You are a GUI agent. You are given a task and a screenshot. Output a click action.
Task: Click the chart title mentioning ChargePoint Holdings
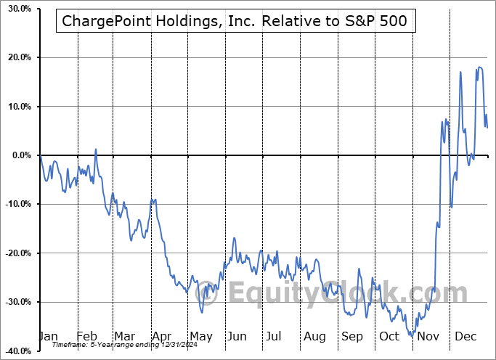pyautogui.click(x=236, y=22)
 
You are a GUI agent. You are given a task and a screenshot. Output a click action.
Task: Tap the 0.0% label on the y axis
pyautogui.click(x=18, y=155)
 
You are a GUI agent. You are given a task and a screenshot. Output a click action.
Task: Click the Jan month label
pyautogui.click(x=48, y=337)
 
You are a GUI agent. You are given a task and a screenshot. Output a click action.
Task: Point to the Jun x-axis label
pyautogui.click(x=237, y=337)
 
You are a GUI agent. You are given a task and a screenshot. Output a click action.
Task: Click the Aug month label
pyautogui.click(x=314, y=337)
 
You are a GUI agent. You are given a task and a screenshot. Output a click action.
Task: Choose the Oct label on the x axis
pyautogui.click(x=389, y=337)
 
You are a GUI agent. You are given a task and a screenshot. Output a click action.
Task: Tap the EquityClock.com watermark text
pyautogui.click(x=349, y=293)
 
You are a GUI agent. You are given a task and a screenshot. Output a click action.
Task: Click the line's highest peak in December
pyautogui.click(x=480, y=67)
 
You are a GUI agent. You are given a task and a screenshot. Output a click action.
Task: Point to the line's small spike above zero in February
pyautogui.click(x=96, y=150)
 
